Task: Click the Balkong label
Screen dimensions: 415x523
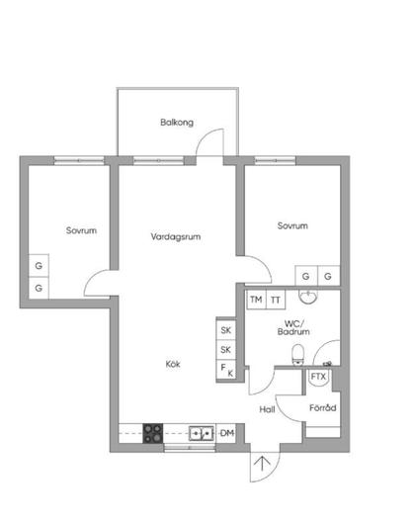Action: [x=177, y=123]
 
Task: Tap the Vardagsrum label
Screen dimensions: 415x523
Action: [x=176, y=237]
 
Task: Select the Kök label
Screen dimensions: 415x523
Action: [x=173, y=364]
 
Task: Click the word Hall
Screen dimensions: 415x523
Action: [x=267, y=409]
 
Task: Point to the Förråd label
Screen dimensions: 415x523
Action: [x=323, y=407]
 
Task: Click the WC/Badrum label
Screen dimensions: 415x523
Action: [x=293, y=327]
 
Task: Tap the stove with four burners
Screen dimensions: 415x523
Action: [x=153, y=433]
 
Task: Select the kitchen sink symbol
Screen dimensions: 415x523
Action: [x=202, y=433]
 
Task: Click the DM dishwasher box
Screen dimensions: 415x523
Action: [x=226, y=433]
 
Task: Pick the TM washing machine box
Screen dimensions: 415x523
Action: [x=256, y=300]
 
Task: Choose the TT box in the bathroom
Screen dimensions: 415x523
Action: [x=276, y=300]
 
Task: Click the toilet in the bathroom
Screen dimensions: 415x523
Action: [x=297, y=355]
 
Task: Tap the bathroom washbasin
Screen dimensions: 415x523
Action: [x=308, y=297]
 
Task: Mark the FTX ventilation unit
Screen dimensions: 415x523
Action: [x=318, y=377]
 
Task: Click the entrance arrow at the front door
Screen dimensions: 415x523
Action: [x=262, y=464]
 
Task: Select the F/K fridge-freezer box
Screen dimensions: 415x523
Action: [x=226, y=370]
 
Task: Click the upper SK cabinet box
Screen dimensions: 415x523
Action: [x=226, y=330]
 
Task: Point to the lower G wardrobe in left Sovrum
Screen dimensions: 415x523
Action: [x=39, y=288]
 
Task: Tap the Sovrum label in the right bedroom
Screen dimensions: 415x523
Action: [x=292, y=225]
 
